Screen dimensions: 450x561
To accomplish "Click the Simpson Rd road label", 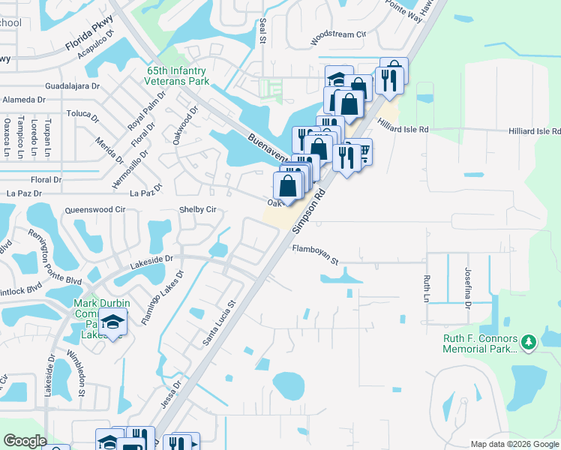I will pos(307,209).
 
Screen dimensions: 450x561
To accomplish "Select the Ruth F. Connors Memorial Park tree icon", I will pos(529,342).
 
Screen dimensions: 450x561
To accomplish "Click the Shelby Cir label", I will pos(197,210).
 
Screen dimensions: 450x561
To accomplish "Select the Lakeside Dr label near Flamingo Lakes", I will pos(151,258).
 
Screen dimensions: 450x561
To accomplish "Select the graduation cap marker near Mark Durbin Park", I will pos(112,323).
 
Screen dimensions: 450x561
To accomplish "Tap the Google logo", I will pos(24,441).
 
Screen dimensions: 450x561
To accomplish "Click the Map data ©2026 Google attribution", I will pos(514,444).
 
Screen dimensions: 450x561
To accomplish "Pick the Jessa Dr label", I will pos(172,394).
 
